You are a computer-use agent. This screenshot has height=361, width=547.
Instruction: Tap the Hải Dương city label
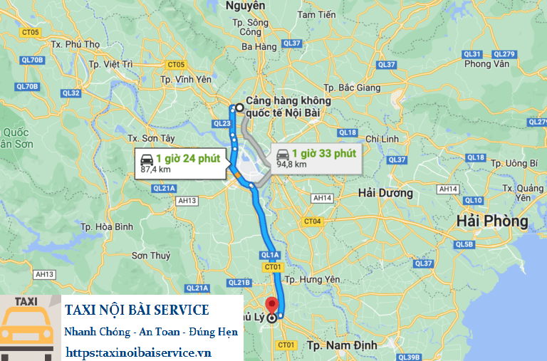tap(385, 193)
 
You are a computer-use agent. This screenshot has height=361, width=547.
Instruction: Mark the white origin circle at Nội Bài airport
tap(239, 108)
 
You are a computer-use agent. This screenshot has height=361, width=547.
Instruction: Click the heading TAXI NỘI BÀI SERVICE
tap(137, 310)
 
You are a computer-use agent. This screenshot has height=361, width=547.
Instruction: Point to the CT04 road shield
tap(313, 221)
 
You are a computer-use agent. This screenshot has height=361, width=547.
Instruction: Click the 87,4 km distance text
tap(155, 169)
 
